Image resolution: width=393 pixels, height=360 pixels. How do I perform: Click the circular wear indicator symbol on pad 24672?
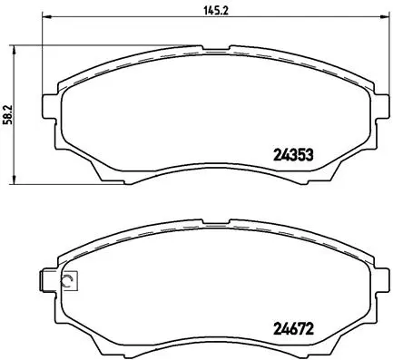click(x=66, y=281)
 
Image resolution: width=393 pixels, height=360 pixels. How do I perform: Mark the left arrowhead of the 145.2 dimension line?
click(x=46, y=18)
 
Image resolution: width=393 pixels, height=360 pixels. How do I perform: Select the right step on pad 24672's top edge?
click(x=234, y=217)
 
